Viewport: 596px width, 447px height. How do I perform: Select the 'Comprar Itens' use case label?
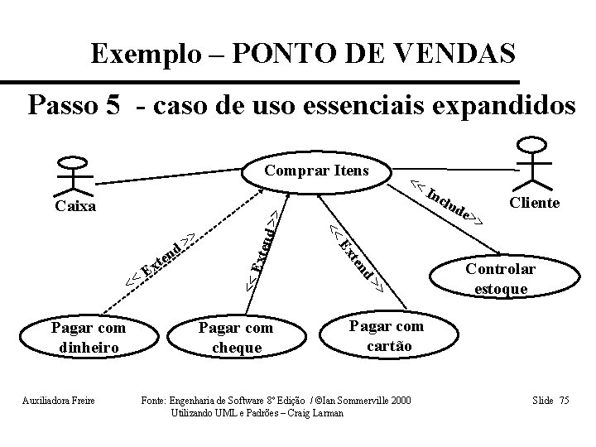(x=316, y=171)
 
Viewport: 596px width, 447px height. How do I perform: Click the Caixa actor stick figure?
(x=73, y=174)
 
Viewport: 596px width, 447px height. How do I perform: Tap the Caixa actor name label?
(x=73, y=204)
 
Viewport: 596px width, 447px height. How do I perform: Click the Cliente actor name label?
(x=534, y=203)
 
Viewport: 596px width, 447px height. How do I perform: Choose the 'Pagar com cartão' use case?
(x=386, y=335)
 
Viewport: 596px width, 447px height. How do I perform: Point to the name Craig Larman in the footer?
(x=311, y=411)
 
